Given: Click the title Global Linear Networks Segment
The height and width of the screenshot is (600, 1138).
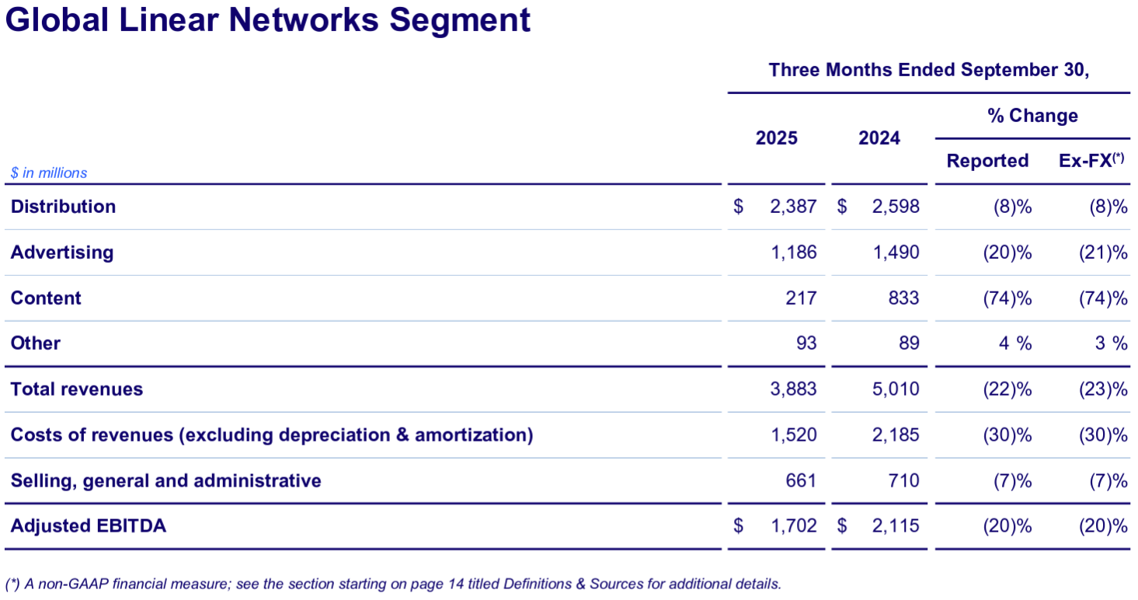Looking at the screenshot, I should click(x=268, y=20).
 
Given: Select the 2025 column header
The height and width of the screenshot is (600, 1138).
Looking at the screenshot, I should click(x=776, y=138).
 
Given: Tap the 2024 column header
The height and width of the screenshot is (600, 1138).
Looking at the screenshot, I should click(x=879, y=138).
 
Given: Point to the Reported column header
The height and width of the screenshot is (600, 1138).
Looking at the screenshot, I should click(x=987, y=161).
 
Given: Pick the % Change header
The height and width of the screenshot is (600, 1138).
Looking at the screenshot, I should click(x=1032, y=116).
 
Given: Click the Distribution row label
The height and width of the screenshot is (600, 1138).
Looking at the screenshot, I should click(x=63, y=207).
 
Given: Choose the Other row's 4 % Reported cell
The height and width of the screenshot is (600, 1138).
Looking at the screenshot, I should click(x=1014, y=344).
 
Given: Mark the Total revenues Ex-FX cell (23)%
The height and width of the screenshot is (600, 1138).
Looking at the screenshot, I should click(x=1103, y=389).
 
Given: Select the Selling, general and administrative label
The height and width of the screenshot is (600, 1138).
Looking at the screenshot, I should click(x=165, y=481).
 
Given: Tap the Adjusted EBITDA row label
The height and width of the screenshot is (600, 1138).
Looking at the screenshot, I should click(x=88, y=526).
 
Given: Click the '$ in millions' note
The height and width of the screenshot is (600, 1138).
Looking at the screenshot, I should click(x=49, y=173).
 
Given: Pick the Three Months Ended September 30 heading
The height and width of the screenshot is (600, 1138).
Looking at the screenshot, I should click(x=929, y=70).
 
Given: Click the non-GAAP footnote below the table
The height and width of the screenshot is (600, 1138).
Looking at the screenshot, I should click(x=392, y=584).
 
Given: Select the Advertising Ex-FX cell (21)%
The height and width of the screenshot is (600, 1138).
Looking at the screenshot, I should click(x=1103, y=253).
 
